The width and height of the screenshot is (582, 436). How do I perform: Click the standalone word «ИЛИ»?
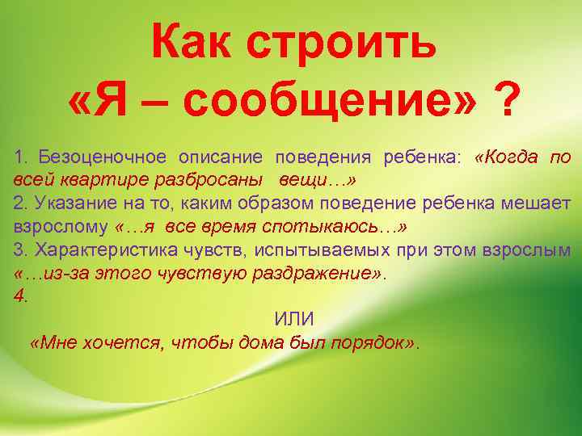pyautogui.click(x=293, y=320)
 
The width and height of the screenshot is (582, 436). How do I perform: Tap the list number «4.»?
pyautogui.click(x=21, y=296)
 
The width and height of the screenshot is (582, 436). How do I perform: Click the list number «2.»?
pyautogui.click(x=19, y=203)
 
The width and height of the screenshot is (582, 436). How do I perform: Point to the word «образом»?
pyautogui.click(x=259, y=203)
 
